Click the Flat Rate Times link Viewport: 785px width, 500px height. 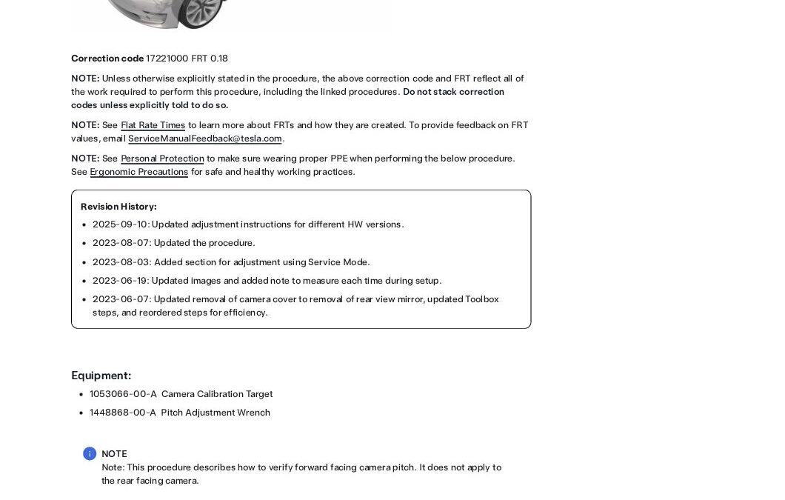(x=153, y=125)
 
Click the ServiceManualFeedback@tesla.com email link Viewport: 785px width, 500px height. (x=204, y=139)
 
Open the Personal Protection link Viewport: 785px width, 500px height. (x=162, y=159)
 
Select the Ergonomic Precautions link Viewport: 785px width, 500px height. (x=138, y=172)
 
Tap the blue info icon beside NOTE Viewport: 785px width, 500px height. (x=90, y=454)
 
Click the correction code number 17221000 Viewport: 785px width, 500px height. (x=167, y=59)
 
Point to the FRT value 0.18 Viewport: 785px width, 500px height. (x=219, y=59)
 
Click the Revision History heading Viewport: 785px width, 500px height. (x=118, y=207)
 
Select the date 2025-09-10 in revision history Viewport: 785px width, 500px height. (x=120, y=224)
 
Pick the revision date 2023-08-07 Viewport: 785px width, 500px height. (x=120, y=243)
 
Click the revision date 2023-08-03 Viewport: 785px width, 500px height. (x=120, y=262)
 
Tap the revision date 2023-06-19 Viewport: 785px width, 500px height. (x=120, y=281)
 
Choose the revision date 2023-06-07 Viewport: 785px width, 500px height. (x=120, y=299)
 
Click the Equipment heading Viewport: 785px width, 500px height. (x=101, y=376)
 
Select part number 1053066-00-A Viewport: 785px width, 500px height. (x=123, y=394)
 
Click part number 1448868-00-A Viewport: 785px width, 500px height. (x=123, y=413)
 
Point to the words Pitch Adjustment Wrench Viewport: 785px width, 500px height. (x=216, y=413)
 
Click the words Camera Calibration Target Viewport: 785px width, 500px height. (x=217, y=394)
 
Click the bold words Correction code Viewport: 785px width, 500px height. (x=107, y=59)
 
